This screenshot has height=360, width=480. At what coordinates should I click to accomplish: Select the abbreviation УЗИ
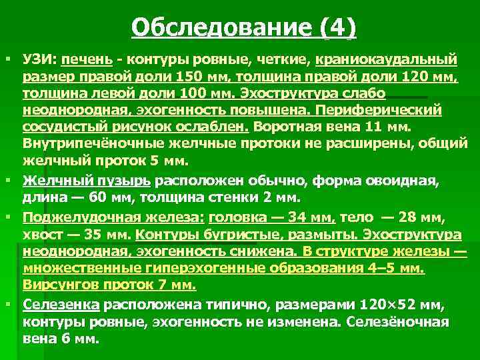(39, 61)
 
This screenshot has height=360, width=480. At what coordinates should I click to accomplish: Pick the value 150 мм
(203, 77)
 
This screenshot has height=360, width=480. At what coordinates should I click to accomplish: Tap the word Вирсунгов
(57, 285)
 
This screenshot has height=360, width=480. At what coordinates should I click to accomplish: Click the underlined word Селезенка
(61, 305)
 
